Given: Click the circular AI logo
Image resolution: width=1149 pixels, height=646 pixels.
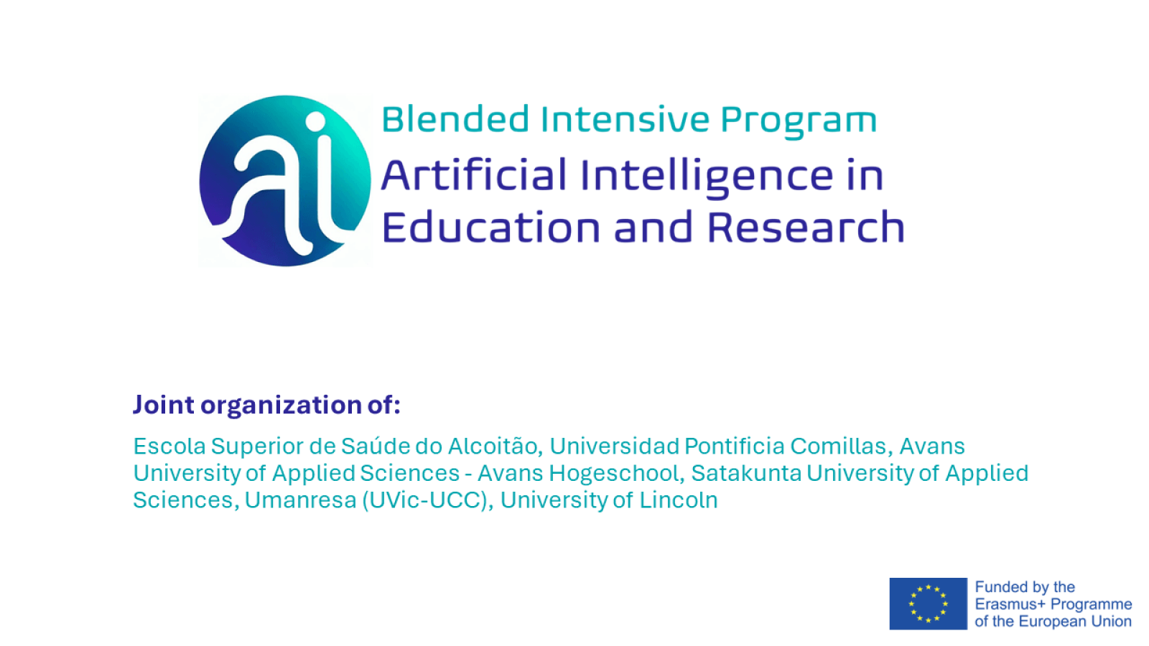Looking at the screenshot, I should pos(285,181).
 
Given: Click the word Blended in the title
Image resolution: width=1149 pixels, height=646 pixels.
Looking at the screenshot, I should pos(455,119).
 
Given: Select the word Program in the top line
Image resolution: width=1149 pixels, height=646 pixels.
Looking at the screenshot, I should pos(799,121).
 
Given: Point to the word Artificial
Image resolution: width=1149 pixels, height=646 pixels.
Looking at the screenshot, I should pos(474,175).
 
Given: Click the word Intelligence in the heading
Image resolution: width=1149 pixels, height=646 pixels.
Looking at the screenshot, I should pos(707,177).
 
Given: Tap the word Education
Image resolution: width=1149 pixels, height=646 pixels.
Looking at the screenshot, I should pos(490,228).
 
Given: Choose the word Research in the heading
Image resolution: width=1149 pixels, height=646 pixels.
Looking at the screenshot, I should pos(806,228).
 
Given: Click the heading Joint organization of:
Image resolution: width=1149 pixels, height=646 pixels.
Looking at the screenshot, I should pos(266,405).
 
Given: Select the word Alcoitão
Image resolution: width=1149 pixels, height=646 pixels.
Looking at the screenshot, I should pos(493,446).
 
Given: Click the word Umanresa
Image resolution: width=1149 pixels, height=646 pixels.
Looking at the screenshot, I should pos(300,500).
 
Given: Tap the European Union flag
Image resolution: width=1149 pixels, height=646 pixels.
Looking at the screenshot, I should pos(928,604).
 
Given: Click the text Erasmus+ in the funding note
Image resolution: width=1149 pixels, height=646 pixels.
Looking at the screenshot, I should pos(1010,604).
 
